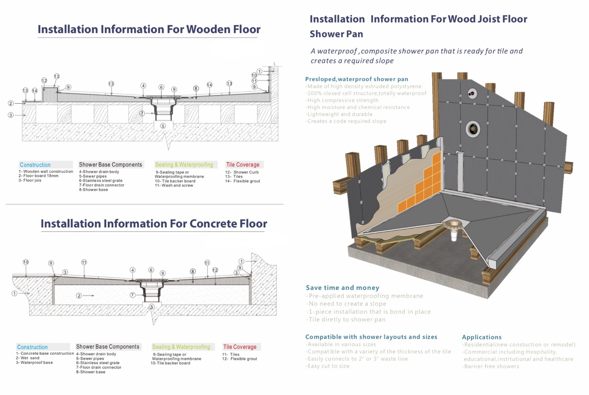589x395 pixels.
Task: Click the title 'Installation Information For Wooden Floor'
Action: pyautogui.click(x=149, y=29)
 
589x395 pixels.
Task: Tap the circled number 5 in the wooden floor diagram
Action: pyautogui.click(x=163, y=126)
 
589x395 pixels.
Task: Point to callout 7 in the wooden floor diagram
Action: pyautogui.click(x=142, y=113)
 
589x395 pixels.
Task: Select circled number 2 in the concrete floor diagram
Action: pyautogui.click(x=79, y=295)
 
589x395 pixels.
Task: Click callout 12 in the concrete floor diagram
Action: pyautogui.click(x=215, y=270)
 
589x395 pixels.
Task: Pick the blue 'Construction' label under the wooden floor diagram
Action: pyautogui.click(x=35, y=165)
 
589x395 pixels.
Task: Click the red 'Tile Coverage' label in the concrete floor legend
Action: pyautogui.click(x=240, y=347)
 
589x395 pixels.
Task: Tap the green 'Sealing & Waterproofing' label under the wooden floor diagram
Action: pyautogui.click(x=184, y=165)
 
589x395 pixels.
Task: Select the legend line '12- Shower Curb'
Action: pyautogui.click(x=242, y=172)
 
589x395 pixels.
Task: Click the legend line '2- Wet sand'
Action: pyautogui.click(x=28, y=358)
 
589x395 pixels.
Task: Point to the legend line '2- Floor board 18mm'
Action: pyautogui.click(x=38, y=176)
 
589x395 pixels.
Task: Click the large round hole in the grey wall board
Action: pyautogui.click(x=472, y=129)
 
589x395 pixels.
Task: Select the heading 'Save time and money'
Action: pyautogui.click(x=342, y=288)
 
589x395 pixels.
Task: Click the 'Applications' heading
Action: pyautogui.click(x=482, y=337)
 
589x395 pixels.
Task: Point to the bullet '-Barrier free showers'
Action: pyautogui.click(x=490, y=366)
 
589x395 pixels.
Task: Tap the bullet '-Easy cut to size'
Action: pyautogui.click(x=327, y=366)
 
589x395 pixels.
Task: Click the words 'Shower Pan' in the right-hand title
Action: pyautogui.click(x=336, y=34)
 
